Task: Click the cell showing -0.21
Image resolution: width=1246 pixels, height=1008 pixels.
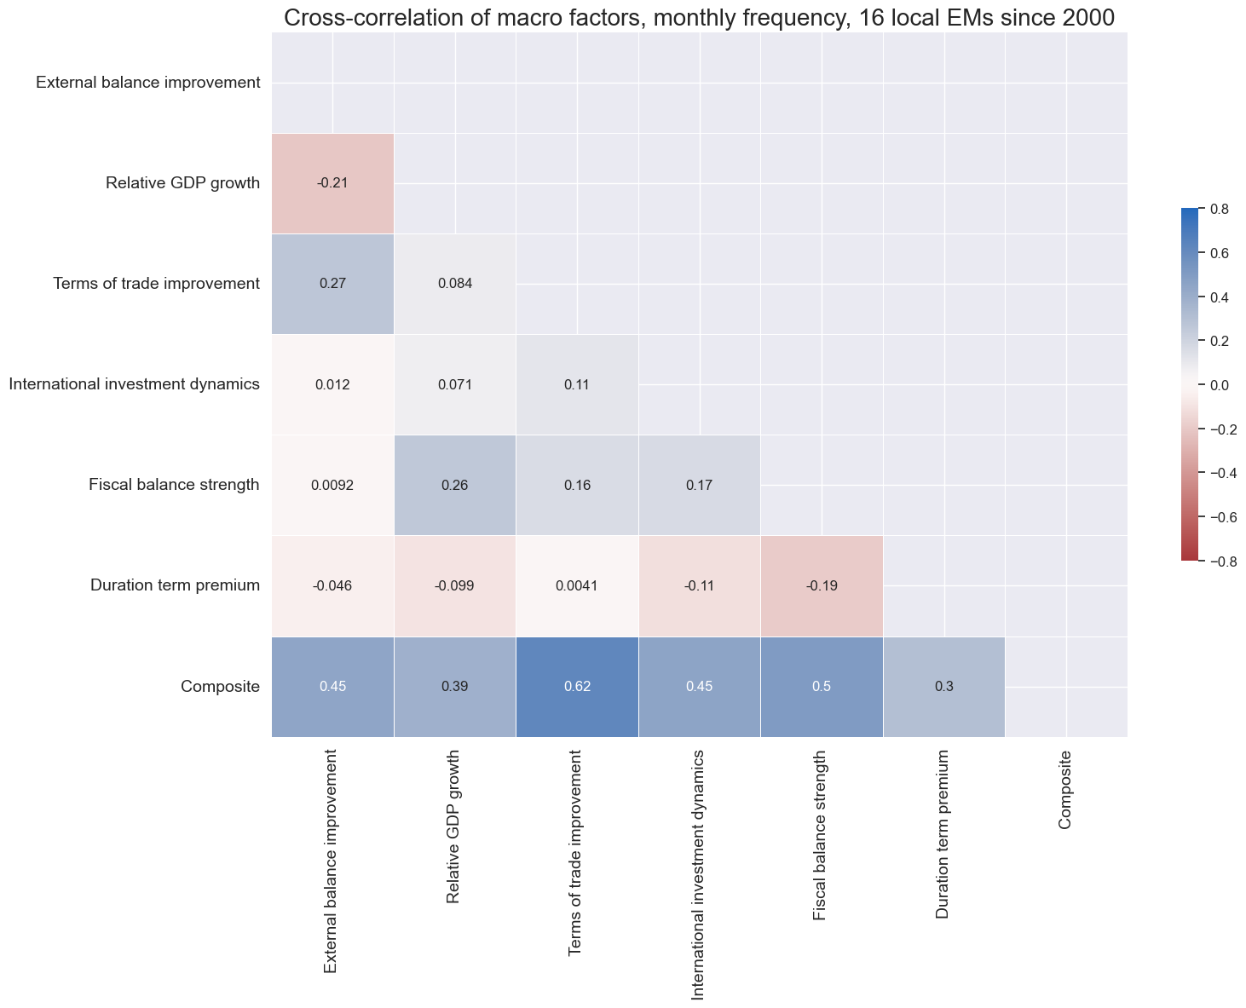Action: tap(332, 183)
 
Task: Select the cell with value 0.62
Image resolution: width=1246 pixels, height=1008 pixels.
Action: tap(577, 686)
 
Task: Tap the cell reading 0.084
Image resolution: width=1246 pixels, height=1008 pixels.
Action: tap(455, 284)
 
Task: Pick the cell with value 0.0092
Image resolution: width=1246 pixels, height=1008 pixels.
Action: tap(332, 485)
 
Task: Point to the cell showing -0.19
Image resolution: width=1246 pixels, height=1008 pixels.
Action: tap(822, 585)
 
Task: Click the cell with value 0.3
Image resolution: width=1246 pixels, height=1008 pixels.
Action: tap(944, 686)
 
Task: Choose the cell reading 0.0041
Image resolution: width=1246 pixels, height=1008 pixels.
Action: tap(577, 585)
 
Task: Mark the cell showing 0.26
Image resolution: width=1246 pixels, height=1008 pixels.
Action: tap(455, 485)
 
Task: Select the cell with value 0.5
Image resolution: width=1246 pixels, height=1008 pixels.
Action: tap(822, 686)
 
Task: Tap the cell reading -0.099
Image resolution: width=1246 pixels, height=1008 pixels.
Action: tap(455, 585)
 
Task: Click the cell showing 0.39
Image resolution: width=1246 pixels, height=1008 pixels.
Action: tap(455, 686)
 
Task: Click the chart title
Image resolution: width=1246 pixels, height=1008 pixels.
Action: tap(699, 18)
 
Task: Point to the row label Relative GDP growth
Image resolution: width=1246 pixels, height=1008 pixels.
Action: tap(182, 183)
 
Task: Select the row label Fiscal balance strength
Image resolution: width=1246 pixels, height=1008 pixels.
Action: tap(174, 485)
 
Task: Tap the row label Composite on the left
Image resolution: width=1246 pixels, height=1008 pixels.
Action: tap(220, 686)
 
